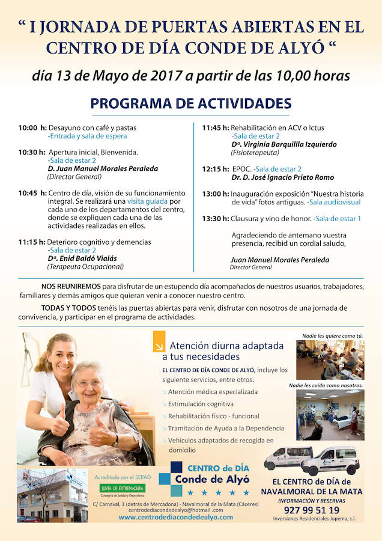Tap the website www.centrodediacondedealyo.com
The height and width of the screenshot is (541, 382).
coord(175,517)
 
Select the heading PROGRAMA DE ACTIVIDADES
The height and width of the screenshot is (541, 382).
coord(191,103)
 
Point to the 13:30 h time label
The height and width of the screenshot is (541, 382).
coord(215,219)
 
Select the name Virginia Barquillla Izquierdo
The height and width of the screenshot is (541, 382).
coord(283,144)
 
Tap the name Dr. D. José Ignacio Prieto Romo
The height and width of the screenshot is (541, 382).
coord(282,178)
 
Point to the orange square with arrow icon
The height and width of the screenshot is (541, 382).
coord(159,346)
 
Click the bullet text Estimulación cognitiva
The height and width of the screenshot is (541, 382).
coord(201,404)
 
